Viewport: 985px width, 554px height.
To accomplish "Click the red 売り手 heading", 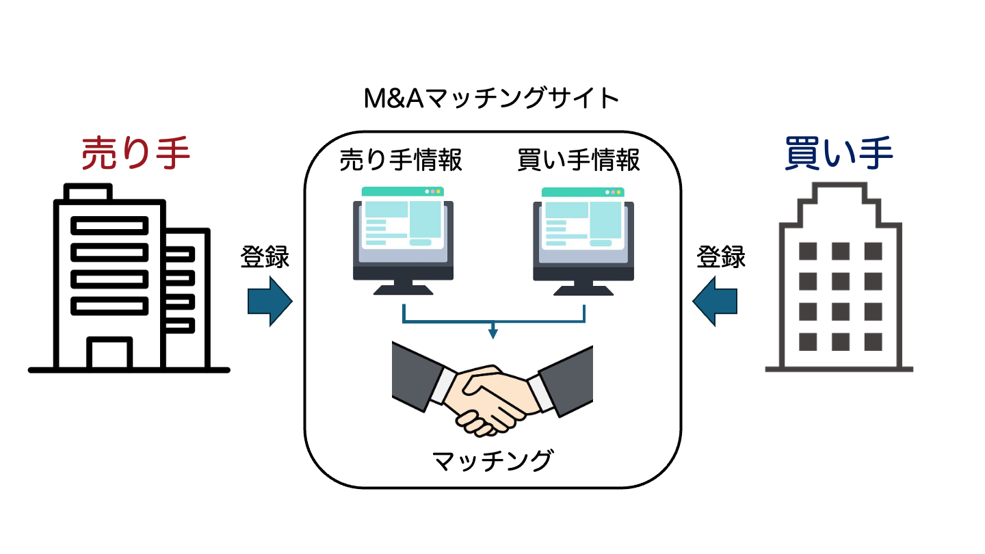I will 135,154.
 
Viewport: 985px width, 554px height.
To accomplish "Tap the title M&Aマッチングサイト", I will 492,100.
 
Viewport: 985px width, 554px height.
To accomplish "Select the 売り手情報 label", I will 401,160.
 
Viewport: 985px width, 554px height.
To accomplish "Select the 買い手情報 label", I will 579,160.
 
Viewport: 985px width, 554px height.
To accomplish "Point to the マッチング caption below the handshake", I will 492,460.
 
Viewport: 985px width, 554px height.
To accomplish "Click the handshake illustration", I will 492,388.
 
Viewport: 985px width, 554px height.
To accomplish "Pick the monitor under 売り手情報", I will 404,236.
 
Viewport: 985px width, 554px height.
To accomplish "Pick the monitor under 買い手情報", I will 583,236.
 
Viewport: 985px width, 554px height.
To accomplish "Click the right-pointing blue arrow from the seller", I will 270,301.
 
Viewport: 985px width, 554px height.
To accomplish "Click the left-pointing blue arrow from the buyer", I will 715,301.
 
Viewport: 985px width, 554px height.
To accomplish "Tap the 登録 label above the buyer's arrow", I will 721,258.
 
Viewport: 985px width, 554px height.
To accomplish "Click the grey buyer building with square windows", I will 839,280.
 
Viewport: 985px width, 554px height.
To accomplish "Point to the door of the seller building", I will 109,354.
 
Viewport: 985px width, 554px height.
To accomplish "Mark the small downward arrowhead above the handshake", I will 492,334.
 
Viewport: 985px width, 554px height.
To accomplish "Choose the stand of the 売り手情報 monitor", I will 404,287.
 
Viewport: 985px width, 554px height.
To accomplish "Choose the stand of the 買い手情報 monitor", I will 583,287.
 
